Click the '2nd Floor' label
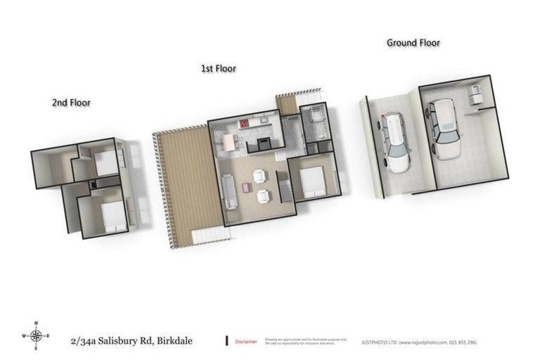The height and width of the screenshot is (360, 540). tap(71, 103)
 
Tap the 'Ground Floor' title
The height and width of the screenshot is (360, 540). tap(413, 43)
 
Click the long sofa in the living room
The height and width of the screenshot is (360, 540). tap(229, 191)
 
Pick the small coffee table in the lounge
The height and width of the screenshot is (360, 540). tap(245, 188)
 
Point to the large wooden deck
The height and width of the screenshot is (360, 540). tap(184, 183)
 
